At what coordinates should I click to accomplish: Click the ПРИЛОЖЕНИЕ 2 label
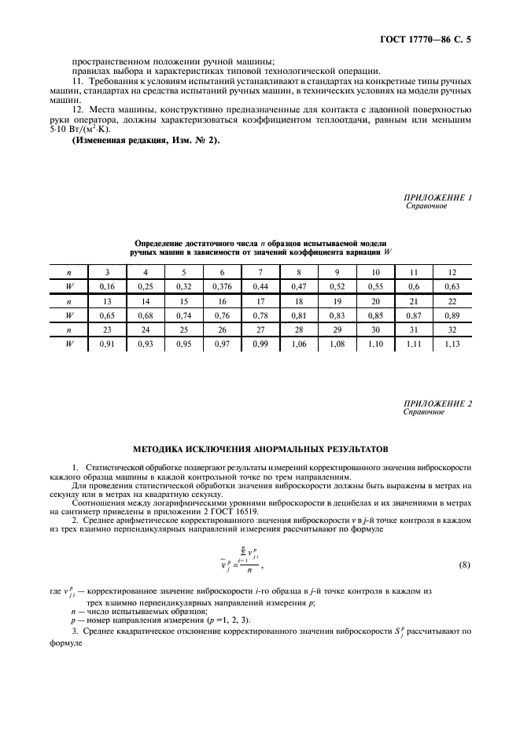point(437,403)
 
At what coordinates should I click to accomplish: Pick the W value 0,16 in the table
point(108,287)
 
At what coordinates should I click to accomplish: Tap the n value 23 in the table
point(108,329)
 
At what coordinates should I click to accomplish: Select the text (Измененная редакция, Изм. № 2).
point(146,140)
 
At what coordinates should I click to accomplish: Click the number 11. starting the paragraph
point(76,82)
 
